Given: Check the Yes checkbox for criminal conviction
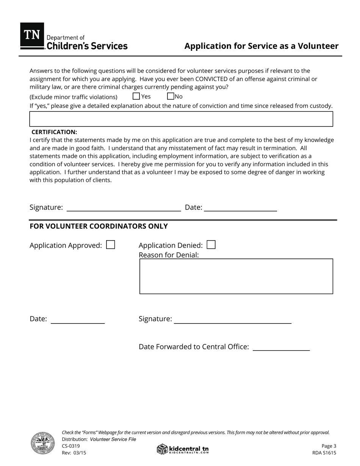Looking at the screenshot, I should tap(136, 96).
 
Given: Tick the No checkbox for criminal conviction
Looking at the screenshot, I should tap(171, 96).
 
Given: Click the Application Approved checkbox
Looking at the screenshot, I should tap(111, 245).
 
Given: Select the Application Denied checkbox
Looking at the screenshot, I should tap(211, 245).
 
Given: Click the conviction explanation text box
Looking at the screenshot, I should tap(181, 119).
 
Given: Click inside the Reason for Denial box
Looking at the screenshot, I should tap(236, 276).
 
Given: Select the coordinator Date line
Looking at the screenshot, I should tap(78, 320).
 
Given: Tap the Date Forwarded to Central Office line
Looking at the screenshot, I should tap(281, 347).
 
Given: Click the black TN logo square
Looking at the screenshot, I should tap(32, 35).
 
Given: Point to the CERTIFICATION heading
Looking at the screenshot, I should tap(54, 132).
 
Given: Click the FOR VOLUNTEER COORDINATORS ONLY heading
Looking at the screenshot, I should tap(99, 226).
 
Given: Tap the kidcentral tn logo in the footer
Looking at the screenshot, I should tap(183, 449).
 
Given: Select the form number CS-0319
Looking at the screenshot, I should tap(71, 446).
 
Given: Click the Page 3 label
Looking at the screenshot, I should tap(329, 446).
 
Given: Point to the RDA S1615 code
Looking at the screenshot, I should tap(324, 452).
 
